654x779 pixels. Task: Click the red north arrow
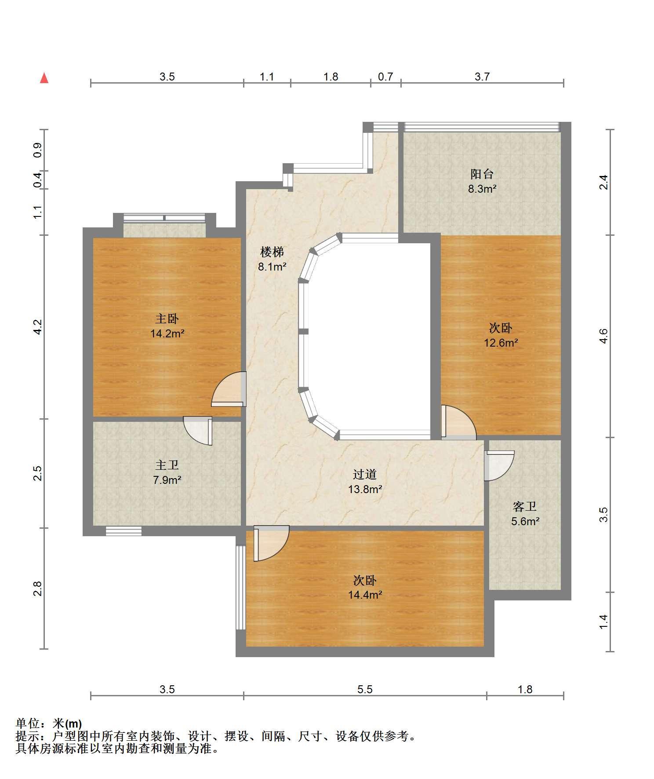(44, 78)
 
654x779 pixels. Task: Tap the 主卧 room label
(167, 318)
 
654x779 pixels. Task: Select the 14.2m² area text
(167, 333)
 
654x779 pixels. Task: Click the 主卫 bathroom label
(167, 465)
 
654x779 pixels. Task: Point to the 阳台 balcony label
(482, 174)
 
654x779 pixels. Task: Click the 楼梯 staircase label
(272, 252)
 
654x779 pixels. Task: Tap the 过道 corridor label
(365, 474)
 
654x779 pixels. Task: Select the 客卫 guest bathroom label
(525, 507)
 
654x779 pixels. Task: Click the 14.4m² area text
(365, 595)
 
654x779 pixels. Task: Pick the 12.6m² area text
(501, 343)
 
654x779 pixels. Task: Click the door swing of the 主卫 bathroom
(198, 431)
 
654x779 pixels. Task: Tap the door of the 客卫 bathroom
(499, 465)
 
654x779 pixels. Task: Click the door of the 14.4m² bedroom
(271, 544)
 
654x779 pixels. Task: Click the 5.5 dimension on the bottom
(365, 689)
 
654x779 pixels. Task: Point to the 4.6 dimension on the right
(604, 336)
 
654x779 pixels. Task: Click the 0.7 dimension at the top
(385, 77)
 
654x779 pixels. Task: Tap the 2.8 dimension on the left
(38, 589)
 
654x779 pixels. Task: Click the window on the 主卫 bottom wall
(124, 531)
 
